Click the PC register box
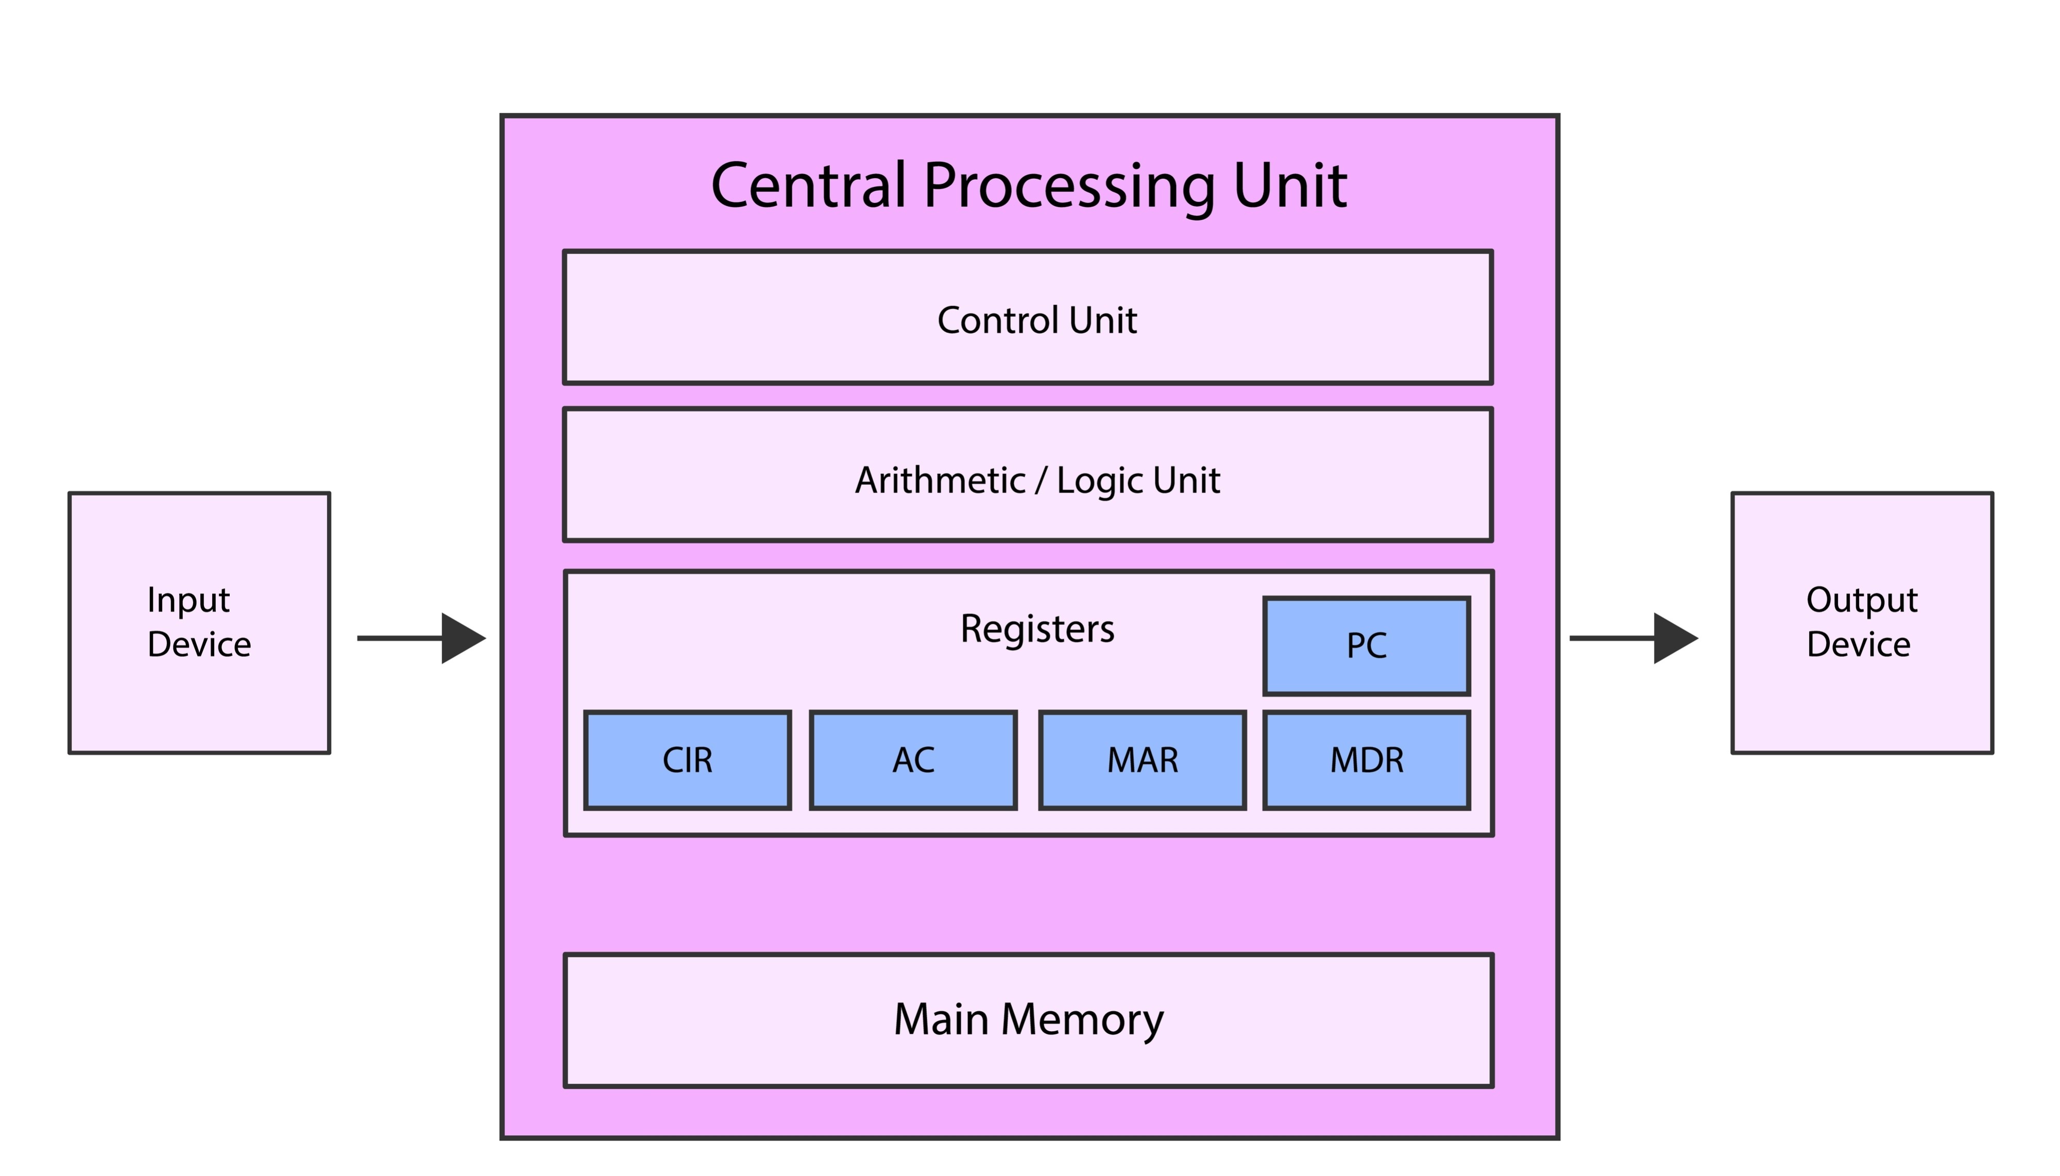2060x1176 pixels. coord(1366,646)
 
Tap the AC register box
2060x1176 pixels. coord(912,760)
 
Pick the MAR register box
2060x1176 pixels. coord(1142,760)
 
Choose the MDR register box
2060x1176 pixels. coord(1366,760)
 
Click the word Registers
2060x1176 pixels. coord(1037,628)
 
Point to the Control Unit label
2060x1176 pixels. coord(1037,320)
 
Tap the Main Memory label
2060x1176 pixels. coord(1028,1019)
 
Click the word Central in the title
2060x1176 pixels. coord(808,186)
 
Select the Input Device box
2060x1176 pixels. coord(199,623)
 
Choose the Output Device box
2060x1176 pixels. coord(1861,623)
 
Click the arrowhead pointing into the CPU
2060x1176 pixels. coord(462,638)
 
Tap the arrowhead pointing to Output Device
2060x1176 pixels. coord(1674,638)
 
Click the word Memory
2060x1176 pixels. coord(1082,1020)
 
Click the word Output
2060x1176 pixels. coord(1861,600)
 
